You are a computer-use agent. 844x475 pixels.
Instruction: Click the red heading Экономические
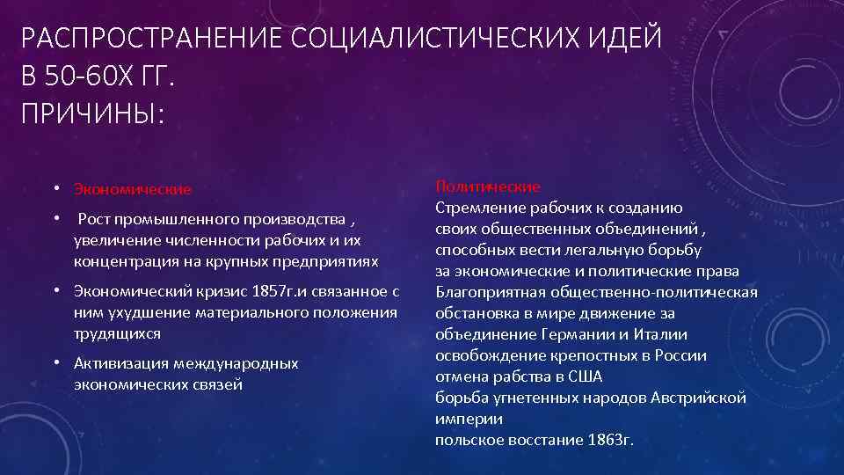pyautogui.click(x=133, y=189)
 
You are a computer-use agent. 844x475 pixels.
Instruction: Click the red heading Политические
pyautogui.click(x=488, y=186)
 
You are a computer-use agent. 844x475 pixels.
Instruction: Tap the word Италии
pyautogui.click(x=659, y=334)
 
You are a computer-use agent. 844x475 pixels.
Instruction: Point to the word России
pyautogui.click(x=680, y=355)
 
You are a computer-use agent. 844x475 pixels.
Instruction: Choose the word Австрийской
pyautogui.click(x=698, y=398)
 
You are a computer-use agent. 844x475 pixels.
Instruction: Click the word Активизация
pyautogui.click(x=121, y=363)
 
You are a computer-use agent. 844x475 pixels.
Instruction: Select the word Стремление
pyautogui.click(x=478, y=208)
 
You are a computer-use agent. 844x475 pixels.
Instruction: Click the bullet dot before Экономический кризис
pyautogui.click(x=55, y=291)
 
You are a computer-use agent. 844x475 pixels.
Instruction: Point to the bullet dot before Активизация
pyautogui.click(x=55, y=362)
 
